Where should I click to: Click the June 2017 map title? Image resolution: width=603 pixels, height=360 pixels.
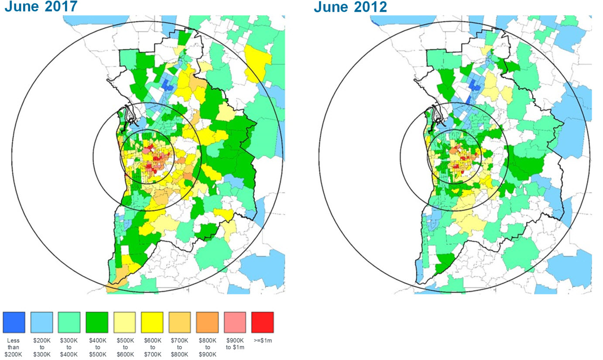point(41,7)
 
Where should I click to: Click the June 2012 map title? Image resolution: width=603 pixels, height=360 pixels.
point(350,7)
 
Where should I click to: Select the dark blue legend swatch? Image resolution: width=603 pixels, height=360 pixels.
point(14,322)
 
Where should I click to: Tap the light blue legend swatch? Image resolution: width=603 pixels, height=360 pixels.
point(41,322)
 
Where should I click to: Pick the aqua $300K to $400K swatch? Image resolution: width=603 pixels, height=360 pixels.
point(69,322)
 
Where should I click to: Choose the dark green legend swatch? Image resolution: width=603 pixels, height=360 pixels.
point(97,322)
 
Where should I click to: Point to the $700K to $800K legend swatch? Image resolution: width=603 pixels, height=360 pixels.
point(180,322)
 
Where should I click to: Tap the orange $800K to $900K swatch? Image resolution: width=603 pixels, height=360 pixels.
point(207,322)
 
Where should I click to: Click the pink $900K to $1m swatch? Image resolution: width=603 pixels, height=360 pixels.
point(235,322)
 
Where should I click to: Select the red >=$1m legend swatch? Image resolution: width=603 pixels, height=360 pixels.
point(263,322)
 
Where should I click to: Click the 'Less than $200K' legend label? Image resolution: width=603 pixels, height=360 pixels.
point(14,347)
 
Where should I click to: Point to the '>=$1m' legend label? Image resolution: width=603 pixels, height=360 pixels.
point(263,340)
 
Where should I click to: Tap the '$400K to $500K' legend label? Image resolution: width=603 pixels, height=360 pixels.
point(97,347)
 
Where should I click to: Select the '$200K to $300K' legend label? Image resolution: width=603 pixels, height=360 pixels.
point(41,347)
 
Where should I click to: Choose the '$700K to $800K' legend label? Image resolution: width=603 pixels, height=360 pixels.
point(180,347)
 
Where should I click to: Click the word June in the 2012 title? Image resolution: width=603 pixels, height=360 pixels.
point(330,7)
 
